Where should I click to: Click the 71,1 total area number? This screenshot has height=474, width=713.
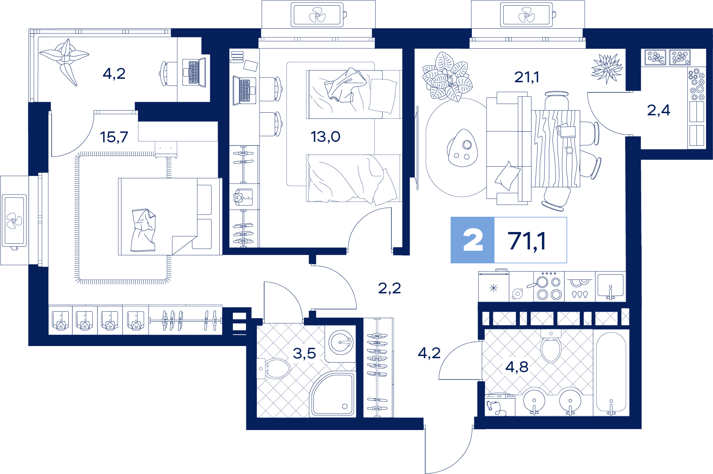(x=527, y=241)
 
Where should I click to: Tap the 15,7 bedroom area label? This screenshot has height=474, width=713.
(x=114, y=137)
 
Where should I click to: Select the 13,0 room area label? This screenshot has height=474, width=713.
(x=325, y=137)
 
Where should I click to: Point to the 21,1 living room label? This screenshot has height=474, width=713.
(x=527, y=77)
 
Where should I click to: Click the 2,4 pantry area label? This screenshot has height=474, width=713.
(x=659, y=111)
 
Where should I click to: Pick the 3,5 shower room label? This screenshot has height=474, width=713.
(x=304, y=353)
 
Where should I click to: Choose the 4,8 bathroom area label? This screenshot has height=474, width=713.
(x=517, y=367)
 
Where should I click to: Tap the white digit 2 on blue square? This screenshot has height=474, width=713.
(x=473, y=240)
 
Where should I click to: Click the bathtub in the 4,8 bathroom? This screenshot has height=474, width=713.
(x=611, y=373)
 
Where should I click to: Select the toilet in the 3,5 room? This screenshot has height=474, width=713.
(x=274, y=369)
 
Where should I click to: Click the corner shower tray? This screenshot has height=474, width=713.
(x=332, y=394)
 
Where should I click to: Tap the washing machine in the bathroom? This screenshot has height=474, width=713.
(x=500, y=405)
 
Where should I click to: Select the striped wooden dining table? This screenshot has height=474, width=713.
(x=556, y=148)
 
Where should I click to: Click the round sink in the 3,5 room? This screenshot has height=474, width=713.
(x=340, y=343)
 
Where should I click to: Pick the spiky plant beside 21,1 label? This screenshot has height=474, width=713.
(x=607, y=68)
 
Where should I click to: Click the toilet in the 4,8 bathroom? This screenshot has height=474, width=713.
(x=551, y=346)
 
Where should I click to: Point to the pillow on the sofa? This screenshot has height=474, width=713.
(x=507, y=176)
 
